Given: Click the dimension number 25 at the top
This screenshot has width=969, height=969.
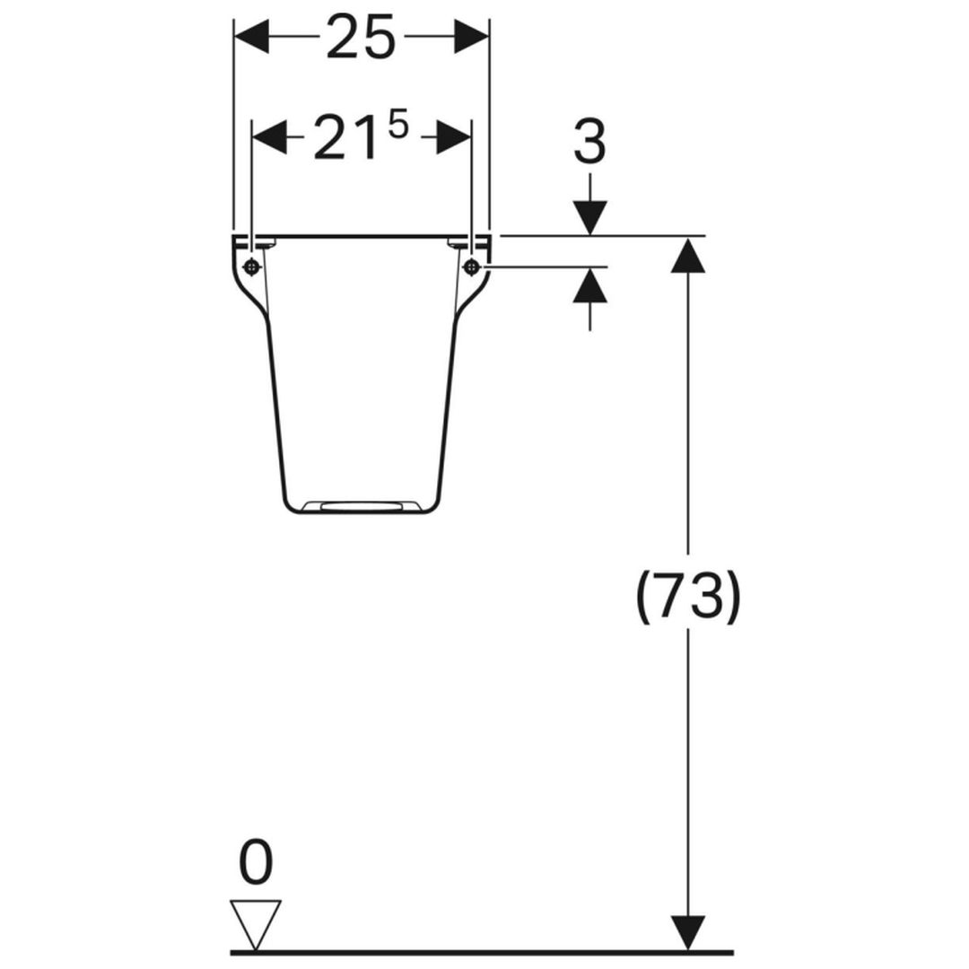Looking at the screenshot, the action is tap(361, 37).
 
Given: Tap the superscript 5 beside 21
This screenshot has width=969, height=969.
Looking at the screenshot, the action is tap(397, 127).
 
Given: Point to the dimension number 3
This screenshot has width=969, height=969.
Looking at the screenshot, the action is tap(590, 142).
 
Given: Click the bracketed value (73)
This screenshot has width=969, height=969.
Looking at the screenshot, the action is tap(688, 597).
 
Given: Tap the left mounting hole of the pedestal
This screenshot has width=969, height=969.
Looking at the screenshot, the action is tap(251, 267).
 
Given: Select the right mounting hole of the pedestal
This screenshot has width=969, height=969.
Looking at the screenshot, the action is tap(472, 267).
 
